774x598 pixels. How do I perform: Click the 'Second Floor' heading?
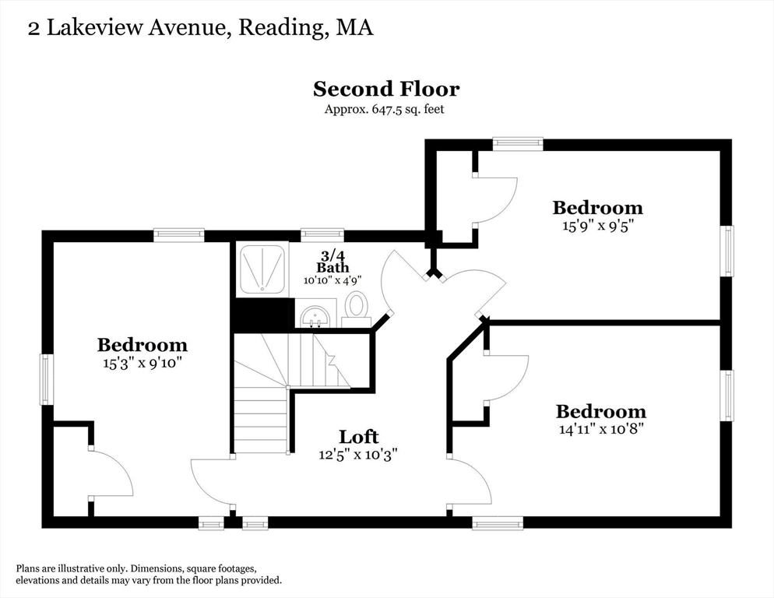(x=386, y=89)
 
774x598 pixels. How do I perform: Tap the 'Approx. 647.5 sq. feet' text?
(x=385, y=110)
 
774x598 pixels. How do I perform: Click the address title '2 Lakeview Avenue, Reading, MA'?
(x=201, y=28)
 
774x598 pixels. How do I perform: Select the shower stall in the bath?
(x=262, y=269)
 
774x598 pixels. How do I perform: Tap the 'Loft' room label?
(x=359, y=436)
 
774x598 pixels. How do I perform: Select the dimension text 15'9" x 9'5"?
(x=597, y=226)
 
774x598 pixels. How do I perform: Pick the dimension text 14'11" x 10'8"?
(x=600, y=428)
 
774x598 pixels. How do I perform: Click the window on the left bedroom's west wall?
(x=47, y=379)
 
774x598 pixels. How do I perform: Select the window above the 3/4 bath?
(x=322, y=234)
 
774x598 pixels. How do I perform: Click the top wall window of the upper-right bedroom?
(x=518, y=143)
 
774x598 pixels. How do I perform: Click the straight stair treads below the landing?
(x=261, y=420)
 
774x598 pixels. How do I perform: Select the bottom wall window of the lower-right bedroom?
(x=498, y=524)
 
